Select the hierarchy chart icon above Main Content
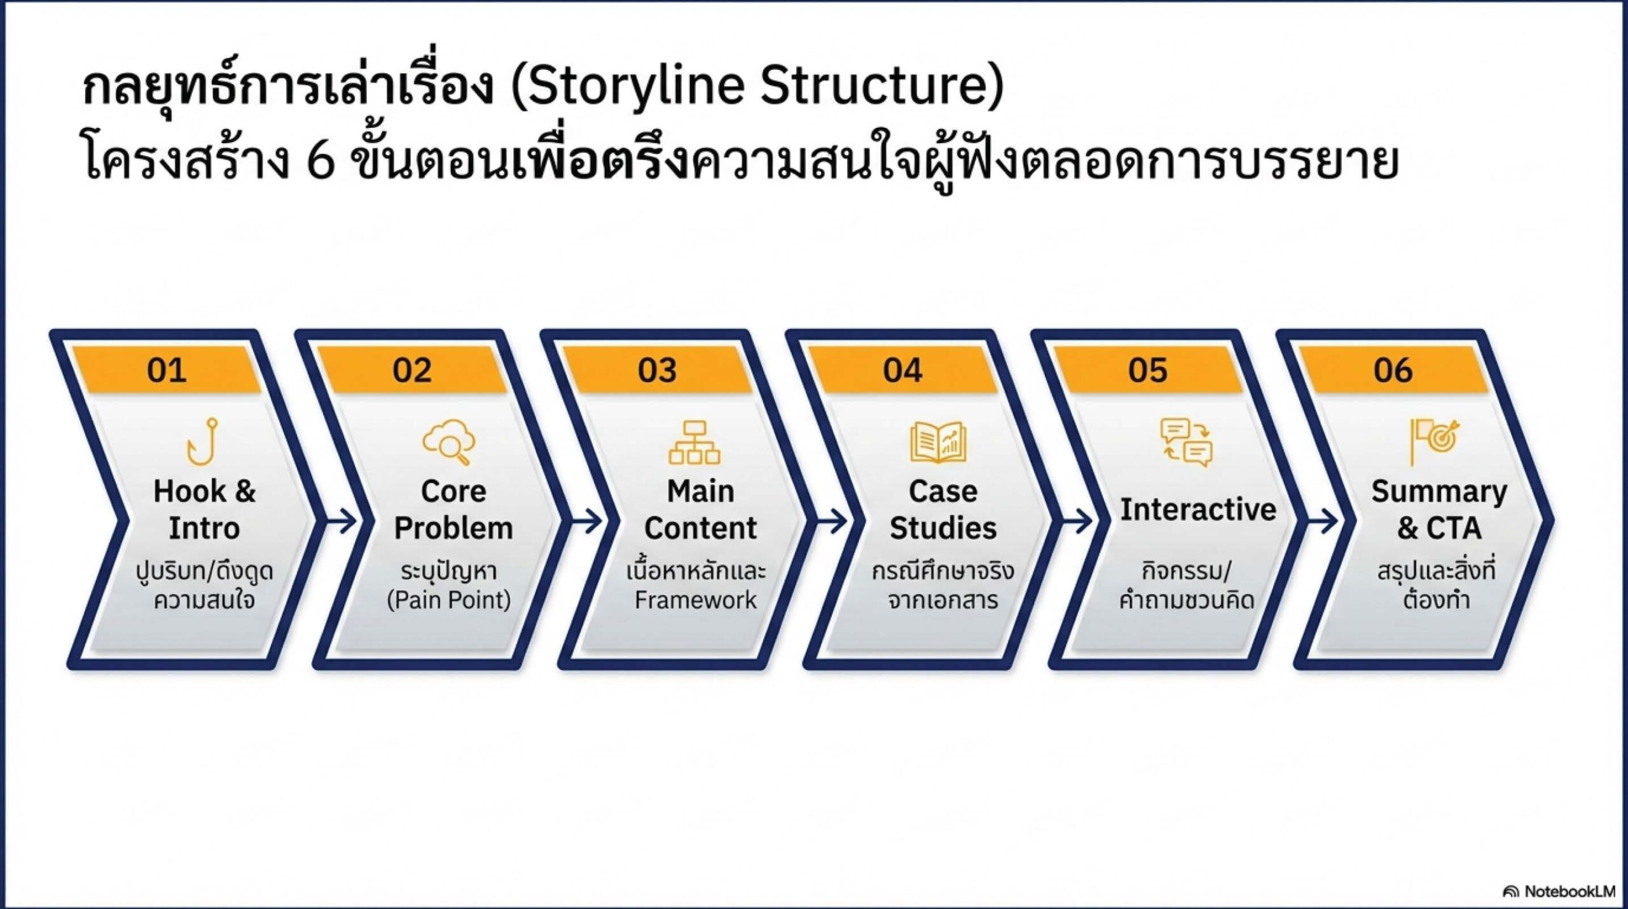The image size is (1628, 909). (x=694, y=442)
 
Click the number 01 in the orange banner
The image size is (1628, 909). (x=167, y=370)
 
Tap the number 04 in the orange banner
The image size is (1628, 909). (x=902, y=370)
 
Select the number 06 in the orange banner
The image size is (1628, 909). (x=1393, y=370)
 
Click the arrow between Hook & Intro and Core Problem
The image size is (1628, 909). (x=342, y=522)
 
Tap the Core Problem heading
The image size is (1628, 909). (x=453, y=510)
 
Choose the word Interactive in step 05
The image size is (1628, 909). (x=1198, y=510)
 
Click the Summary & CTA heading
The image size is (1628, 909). (x=1439, y=510)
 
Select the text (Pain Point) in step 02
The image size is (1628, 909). (x=449, y=600)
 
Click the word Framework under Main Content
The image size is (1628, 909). (x=696, y=600)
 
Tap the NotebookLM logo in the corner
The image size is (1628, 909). (x=1559, y=891)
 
